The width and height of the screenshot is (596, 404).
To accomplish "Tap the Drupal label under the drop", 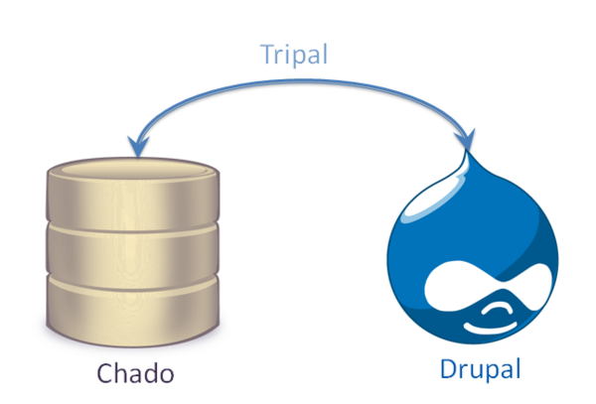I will point(482,370).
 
